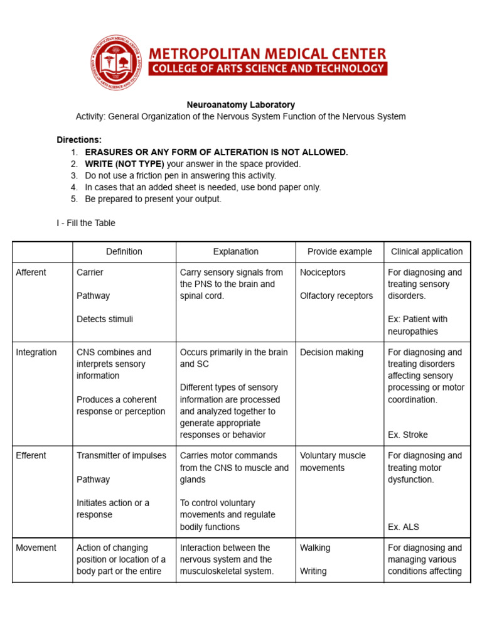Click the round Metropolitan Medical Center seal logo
[x=117, y=63]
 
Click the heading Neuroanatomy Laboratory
[x=240, y=105]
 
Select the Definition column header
[x=124, y=252]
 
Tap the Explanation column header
[x=235, y=252]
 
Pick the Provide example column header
[x=340, y=252]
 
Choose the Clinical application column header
[x=427, y=252]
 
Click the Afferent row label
[x=31, y=273]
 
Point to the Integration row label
[x=36, y=352]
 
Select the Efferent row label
[x=32, y=456]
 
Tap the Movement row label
[x=36, y=548]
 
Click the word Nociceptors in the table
[x=323, y=273]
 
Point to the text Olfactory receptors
[x=336, y=296]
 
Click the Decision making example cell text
[x=331, y=352]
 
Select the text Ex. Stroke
[x=407, y=435]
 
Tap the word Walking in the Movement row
[x=315, y=548]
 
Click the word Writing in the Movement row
[x=313, y=571]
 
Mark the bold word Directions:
[x=79, y=140]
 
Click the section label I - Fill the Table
[x=86, y=223]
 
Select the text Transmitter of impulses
[x=122, y=456]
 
